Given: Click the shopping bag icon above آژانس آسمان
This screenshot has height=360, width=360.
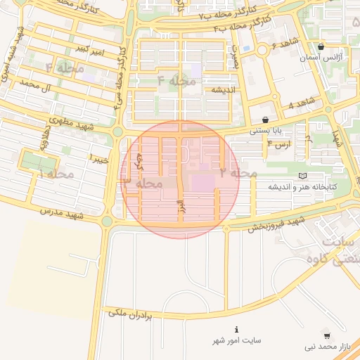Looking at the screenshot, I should (x=321, y=47).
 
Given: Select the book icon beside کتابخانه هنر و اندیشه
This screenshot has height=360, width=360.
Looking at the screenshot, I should (x=303, y=175).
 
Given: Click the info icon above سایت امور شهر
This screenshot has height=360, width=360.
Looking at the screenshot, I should (x=237, y=329).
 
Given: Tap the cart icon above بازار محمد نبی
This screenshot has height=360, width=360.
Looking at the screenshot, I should (x=326, y=335).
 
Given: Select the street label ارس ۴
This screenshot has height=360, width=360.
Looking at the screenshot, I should (x=279, y=145).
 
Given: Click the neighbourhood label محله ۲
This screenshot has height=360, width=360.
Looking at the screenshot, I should (x=238, y=172).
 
